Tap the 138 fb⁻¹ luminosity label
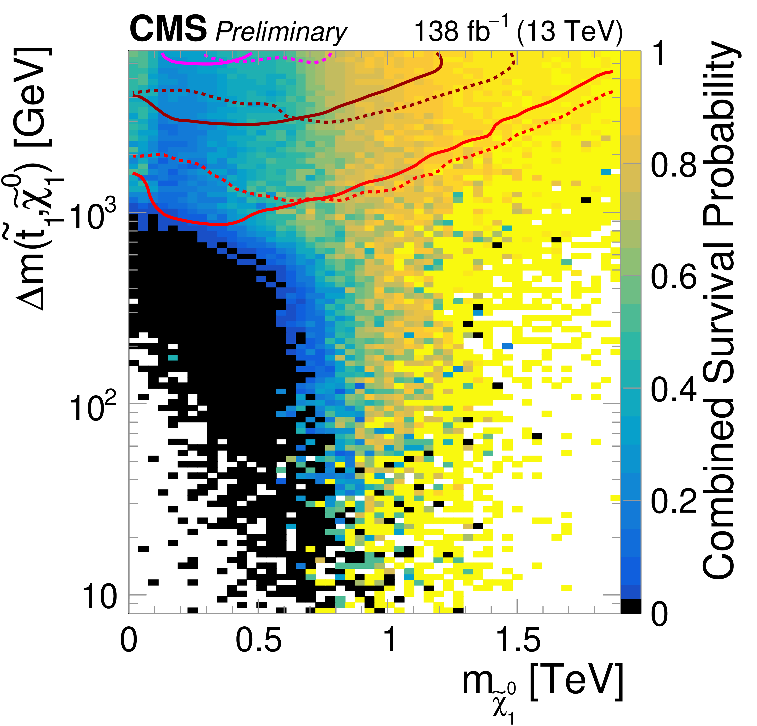pos(461,30)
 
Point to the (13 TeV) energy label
pos(569,31)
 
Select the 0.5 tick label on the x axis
pos(258,641)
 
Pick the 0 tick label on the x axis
pos(129,641)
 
